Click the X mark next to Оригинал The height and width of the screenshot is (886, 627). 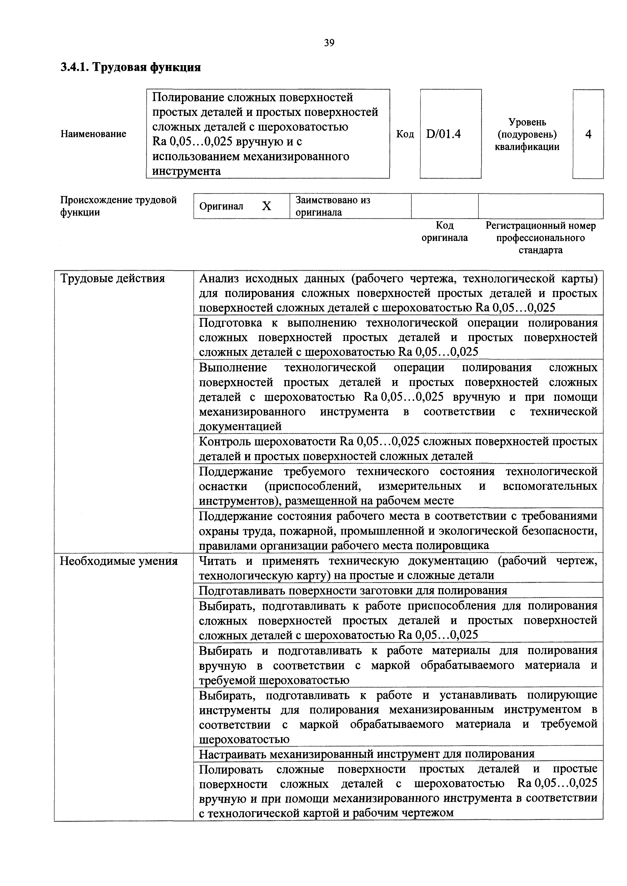tap(266, 206)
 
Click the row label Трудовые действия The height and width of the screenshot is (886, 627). tap(112, 279)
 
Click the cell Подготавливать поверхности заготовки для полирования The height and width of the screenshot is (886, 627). tap(353, 590)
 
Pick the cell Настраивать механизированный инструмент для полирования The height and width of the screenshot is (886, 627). tap(366, 754)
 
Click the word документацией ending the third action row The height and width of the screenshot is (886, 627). tap(240, 426)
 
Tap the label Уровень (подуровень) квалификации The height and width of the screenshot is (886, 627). tap(527, 134)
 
